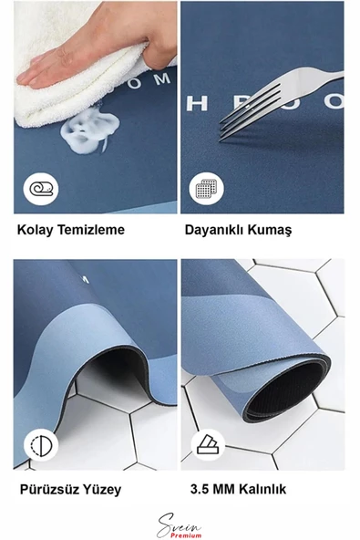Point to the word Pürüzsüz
pyautogui.click(x=46, y=489)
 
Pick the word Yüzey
pyautogui.click(x=99, y=490)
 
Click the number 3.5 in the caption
pyautogui.click(x=200, y=489)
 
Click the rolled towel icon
pyautogui.click(x=41, y=189)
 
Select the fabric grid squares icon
pyautogui.click(x=206, y=189)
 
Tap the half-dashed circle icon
pyautogui.click(x=41, y=445)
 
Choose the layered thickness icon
pyautogui.click(x=208, y=444)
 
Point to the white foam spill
pyautogui.click(x=90, y=130)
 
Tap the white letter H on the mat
pyautogui.click(x=197, y=103)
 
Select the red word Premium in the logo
pyautogui.click(x=186, y=535)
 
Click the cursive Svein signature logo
pyautogui.click(x=179, y=525)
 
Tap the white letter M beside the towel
pyautogui.click(x=161, y=80)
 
